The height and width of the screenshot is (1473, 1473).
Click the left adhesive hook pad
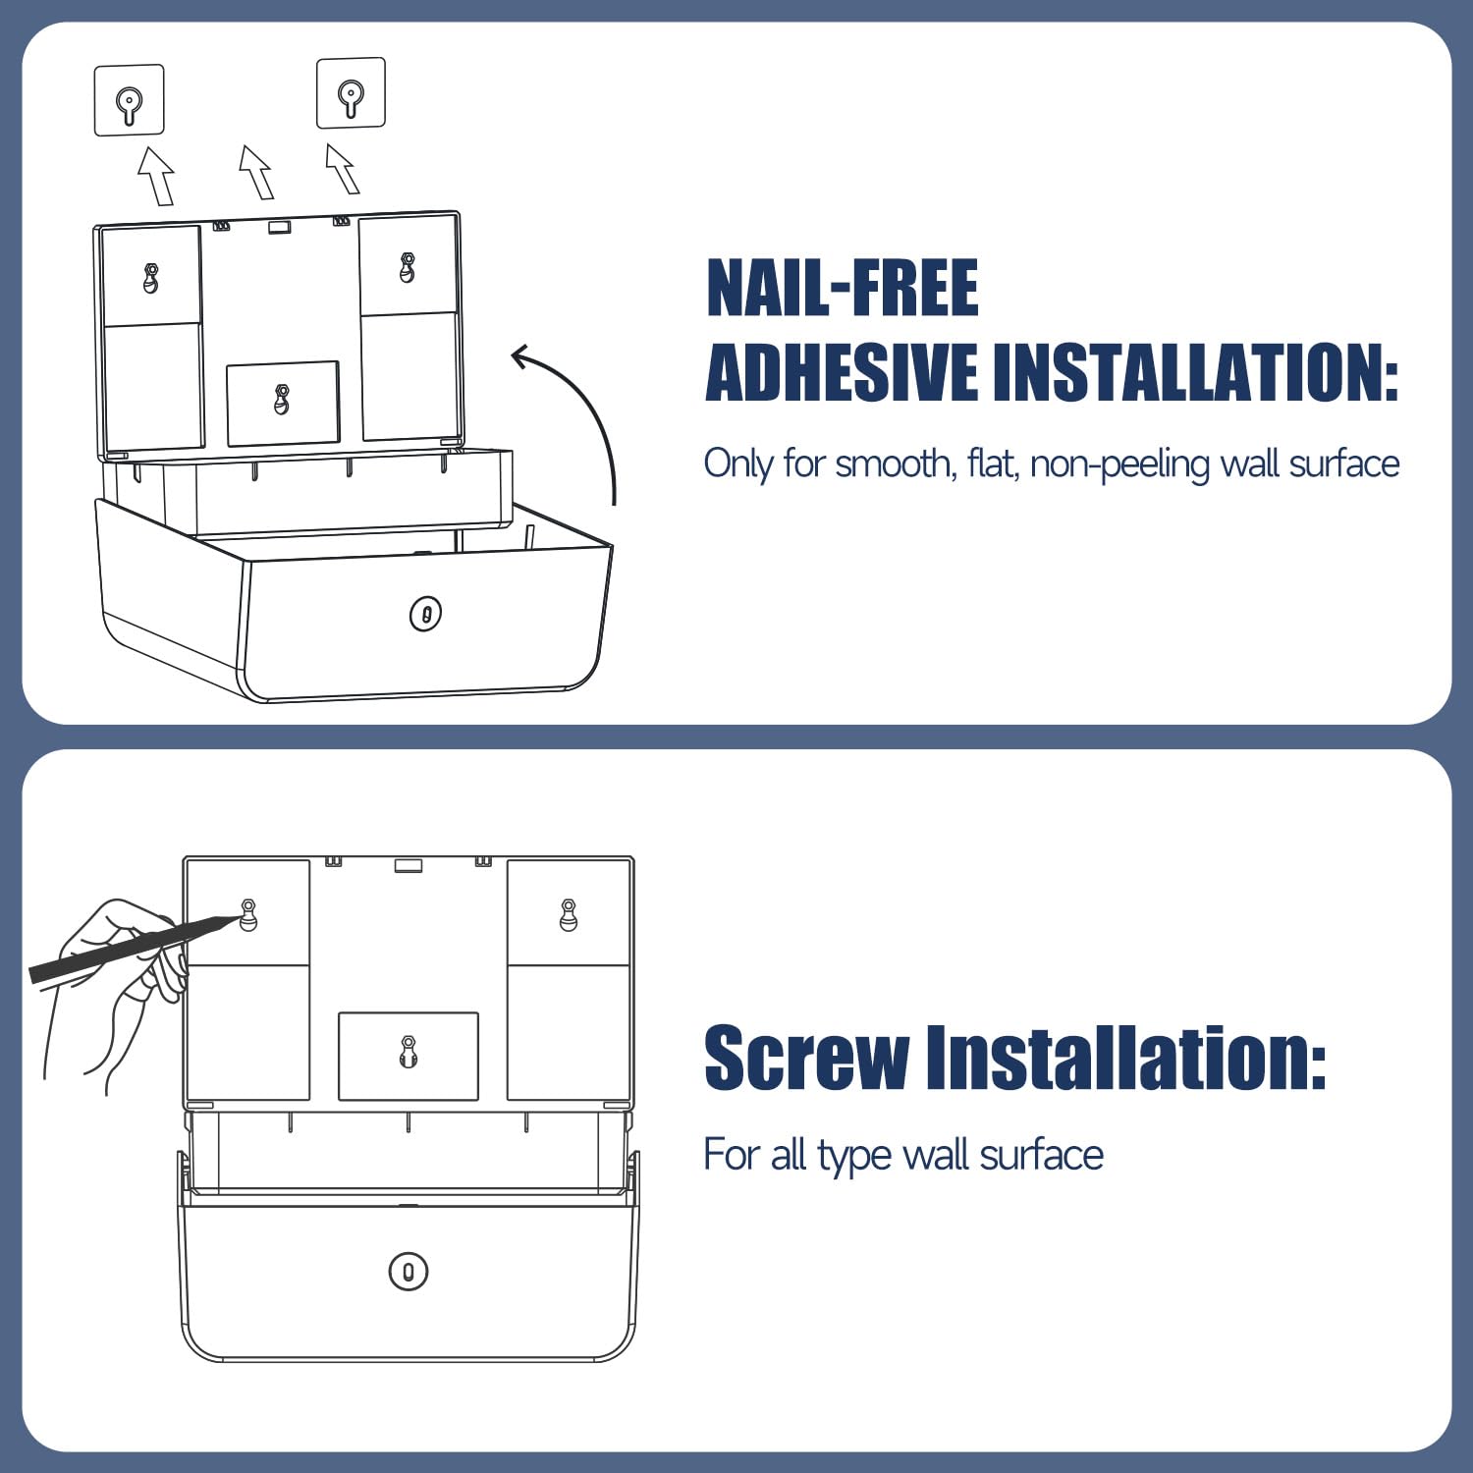129,100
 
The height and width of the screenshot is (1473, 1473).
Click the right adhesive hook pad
351,93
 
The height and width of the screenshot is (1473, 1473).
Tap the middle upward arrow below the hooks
256,172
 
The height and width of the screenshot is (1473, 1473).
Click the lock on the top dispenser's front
425,615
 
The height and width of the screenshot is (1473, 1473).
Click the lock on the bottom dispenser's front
409,1272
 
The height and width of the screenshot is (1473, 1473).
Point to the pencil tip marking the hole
236,918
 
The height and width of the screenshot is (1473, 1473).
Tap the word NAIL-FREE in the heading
843,288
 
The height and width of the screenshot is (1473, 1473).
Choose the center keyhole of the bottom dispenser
409,1051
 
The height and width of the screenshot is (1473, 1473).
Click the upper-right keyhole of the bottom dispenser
569,914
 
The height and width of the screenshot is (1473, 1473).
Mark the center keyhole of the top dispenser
282,399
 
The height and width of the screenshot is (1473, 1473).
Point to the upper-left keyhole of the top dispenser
150,278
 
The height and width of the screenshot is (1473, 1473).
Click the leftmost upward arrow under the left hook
156,176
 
